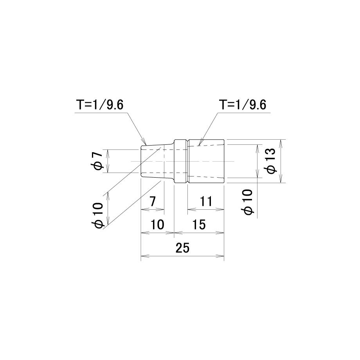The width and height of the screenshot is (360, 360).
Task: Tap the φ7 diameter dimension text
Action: click(x=98, y=161)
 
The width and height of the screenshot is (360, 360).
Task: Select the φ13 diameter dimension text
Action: click(x=271, y=161)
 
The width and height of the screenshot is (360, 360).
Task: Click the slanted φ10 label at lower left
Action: click(x=98, y=215)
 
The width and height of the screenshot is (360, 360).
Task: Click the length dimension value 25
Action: click(x=182, y=248)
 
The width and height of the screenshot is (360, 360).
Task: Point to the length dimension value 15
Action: click(x=199, y=225)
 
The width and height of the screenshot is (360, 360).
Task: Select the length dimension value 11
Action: click(x=206, y=202)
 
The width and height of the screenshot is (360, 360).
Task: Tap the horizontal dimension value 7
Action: click(x=152, y=202)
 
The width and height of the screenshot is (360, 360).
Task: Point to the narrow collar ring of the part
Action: click(x=180, y=161)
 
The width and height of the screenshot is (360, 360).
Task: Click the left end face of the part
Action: click(x=140, y=161)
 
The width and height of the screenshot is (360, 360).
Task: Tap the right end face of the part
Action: click(x=224, y=161)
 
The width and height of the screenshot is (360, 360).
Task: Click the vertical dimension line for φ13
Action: click(x=282, y=161)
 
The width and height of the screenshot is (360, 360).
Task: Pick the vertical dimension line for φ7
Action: click(x=108, y=161)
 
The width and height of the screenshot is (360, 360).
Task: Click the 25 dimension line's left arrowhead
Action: click(x=142, y=256)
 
